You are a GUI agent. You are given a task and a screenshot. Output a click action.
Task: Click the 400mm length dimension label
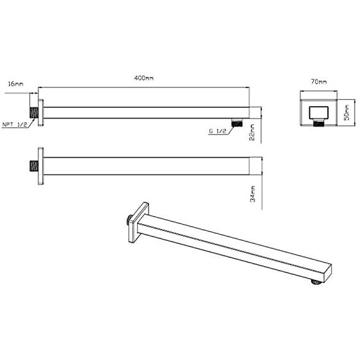coord(144,78)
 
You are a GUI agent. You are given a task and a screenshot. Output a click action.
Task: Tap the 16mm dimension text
coord(16,84)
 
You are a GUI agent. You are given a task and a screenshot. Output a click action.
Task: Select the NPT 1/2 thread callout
coord(15,124)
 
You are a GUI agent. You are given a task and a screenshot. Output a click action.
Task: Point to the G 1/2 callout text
coord(217,131)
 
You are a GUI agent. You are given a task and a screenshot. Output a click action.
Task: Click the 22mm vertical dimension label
coord(252,132)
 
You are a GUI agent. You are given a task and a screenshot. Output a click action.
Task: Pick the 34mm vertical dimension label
coord(253,194)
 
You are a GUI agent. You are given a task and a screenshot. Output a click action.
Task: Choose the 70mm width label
coord(319,81)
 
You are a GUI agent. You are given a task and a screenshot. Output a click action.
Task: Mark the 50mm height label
coord(347,112)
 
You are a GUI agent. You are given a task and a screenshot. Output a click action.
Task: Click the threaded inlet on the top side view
coord(34,112)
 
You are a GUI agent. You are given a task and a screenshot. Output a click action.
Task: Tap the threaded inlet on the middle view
coord(34,166)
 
